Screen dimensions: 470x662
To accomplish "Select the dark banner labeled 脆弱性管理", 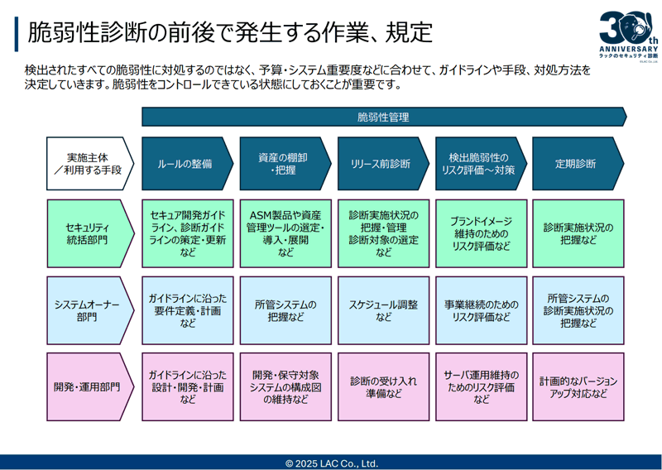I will (383, 117).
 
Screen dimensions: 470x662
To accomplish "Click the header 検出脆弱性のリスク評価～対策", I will (479, 164).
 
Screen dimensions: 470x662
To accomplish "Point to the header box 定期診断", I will (576, 164).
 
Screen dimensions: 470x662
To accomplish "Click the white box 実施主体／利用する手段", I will (86, 164).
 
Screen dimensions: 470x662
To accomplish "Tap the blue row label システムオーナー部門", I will (86, 311).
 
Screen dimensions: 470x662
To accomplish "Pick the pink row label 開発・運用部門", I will (86, 386).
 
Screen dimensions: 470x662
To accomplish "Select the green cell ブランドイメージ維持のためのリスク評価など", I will (480, 234).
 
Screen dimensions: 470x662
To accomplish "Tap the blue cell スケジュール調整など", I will (382, 311).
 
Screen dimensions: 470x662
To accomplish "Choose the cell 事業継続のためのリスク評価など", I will (480, 311).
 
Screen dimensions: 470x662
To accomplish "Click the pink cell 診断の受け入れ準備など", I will (382, 386).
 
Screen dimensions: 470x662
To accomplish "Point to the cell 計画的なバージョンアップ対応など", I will (578, 386).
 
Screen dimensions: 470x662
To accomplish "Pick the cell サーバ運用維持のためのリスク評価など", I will (480, 386).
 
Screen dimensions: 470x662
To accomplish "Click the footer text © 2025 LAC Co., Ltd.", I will (331, 463).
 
